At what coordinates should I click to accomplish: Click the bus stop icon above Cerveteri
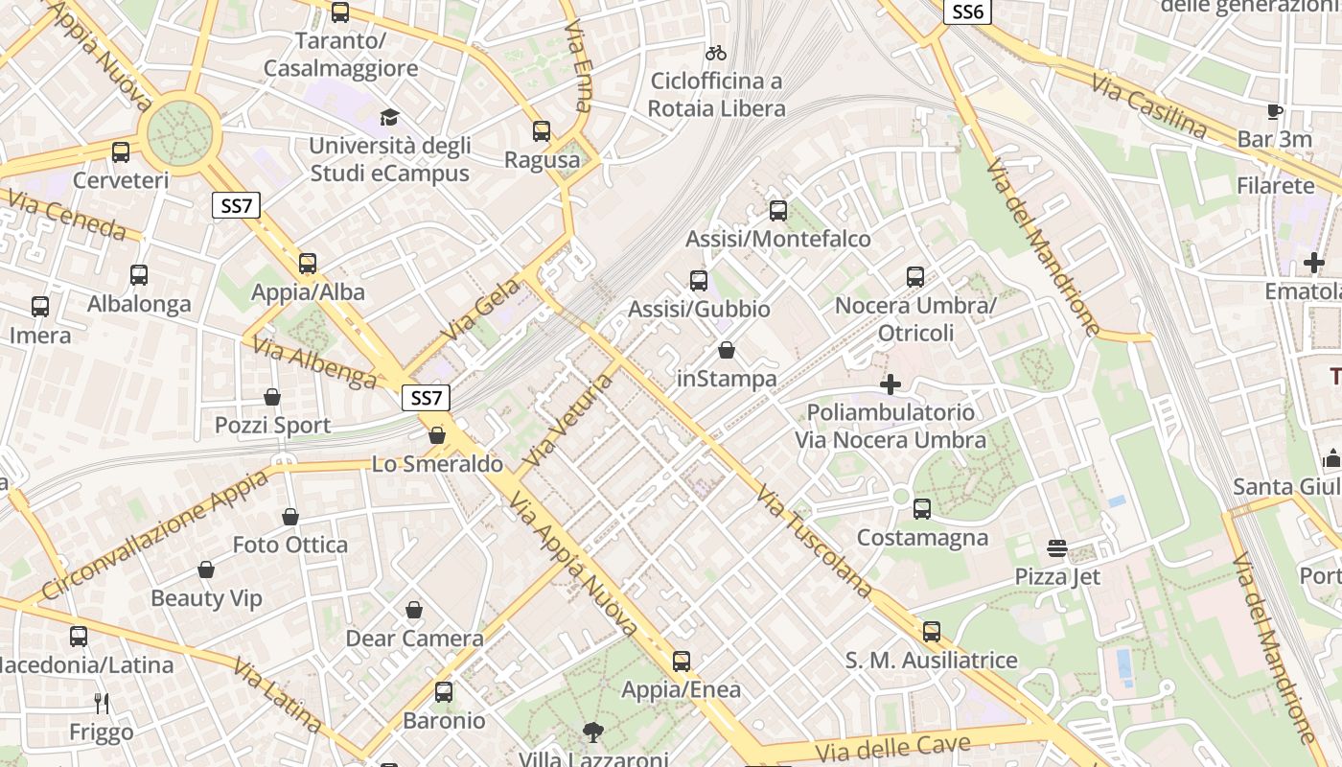[121, 151]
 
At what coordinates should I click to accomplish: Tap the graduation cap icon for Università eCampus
[389, 117]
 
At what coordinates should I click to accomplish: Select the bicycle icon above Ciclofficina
[716, 53]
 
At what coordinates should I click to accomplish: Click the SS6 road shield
[967, 12]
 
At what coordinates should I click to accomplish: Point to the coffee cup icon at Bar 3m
[1274, 111]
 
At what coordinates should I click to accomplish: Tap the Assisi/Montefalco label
[778, 239]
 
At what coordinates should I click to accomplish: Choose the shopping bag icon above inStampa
[727, 351]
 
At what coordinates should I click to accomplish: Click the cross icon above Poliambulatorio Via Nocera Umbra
[891, 384]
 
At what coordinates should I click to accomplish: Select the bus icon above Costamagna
[922, 509]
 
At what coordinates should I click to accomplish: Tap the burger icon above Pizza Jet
[1057, 548]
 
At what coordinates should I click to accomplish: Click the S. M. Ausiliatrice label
[931, 661]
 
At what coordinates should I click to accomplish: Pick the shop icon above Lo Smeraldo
[437, 435]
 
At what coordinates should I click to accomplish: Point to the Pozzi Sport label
[272, 425]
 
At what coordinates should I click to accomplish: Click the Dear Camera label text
[414, 639]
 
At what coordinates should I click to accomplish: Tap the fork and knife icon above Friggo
[102, 704]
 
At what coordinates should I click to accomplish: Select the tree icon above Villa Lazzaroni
[593, 733]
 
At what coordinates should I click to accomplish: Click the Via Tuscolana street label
[814, 541]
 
